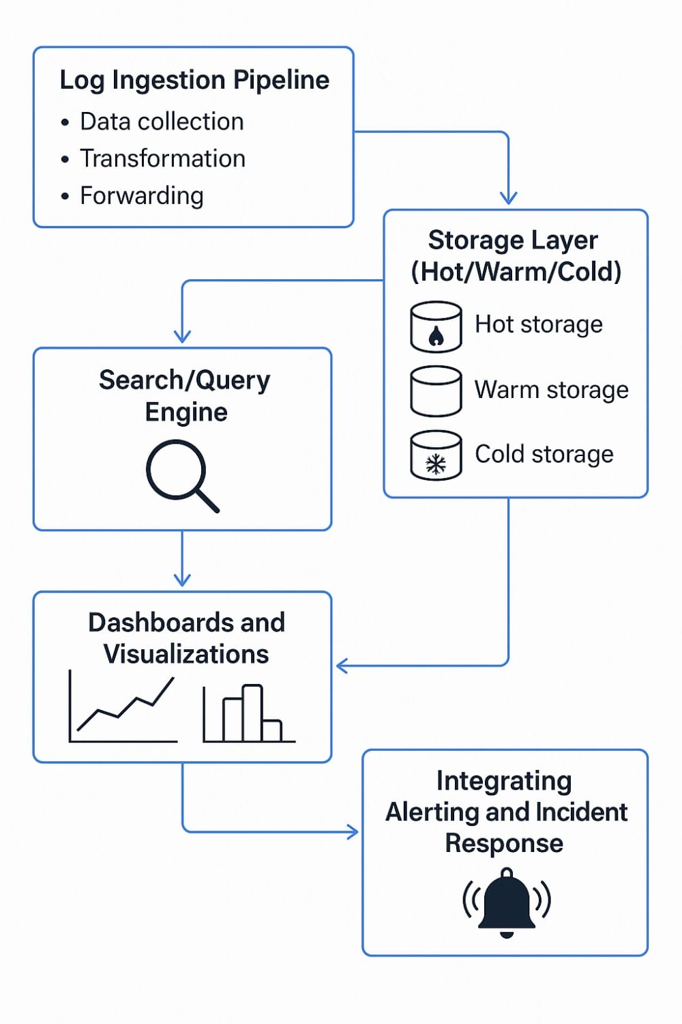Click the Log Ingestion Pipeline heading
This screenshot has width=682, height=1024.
click(x=194, y=81)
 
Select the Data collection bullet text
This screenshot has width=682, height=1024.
click(x=162, y=122)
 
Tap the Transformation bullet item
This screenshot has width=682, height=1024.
click(x=162, y=158)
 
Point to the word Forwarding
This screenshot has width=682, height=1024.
click(x=142, y=196)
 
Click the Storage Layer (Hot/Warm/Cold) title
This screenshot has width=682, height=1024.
click(x=516, y=256)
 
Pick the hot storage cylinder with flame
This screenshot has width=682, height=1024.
click(x=436, y=327)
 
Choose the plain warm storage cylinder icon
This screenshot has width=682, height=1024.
click(x=436, y=391)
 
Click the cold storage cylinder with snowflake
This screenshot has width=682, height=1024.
click(x=436, y=455)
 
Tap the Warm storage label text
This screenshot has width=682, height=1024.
click(x=551, y=390)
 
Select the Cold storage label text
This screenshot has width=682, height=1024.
click(x=544, y=454)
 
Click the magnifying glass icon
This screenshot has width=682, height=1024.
click(x=181, y=475)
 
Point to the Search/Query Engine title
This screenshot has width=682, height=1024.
click(x=185, y=396)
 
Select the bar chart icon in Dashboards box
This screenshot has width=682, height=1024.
click(x=249, y=713)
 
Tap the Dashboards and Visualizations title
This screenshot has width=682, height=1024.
click(x=186, y=638)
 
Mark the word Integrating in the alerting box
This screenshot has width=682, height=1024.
click(x=504, y=780)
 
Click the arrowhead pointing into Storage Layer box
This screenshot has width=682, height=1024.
click(x=508, y=197)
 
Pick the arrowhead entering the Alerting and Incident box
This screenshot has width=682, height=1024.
click(x=352, y=831)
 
